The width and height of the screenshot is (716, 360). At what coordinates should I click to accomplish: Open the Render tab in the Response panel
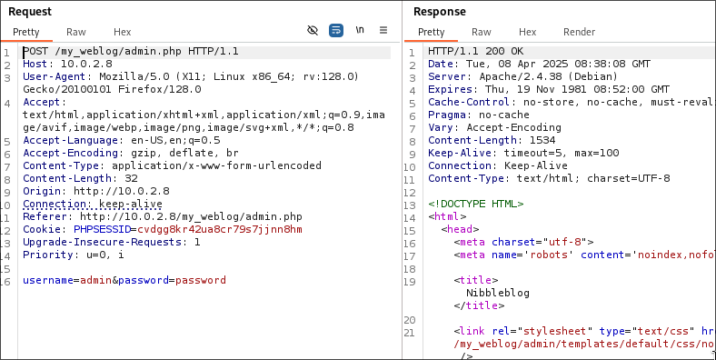click(579, 32)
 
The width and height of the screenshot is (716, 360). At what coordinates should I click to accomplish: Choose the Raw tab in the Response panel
click(482, 32)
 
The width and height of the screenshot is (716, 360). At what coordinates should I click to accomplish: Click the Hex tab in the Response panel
click(527, 32)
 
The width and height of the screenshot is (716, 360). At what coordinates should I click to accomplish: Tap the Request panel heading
click(30, 12)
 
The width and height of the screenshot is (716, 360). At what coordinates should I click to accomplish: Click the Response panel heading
click(440, 12)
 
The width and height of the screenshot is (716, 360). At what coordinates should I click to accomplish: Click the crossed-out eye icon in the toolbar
click(313, 31)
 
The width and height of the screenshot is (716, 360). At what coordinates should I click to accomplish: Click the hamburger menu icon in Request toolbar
click(383, 31)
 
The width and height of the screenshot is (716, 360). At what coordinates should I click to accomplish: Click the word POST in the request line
click(35, 52)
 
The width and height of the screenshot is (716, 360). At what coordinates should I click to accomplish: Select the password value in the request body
click(200, 280)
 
